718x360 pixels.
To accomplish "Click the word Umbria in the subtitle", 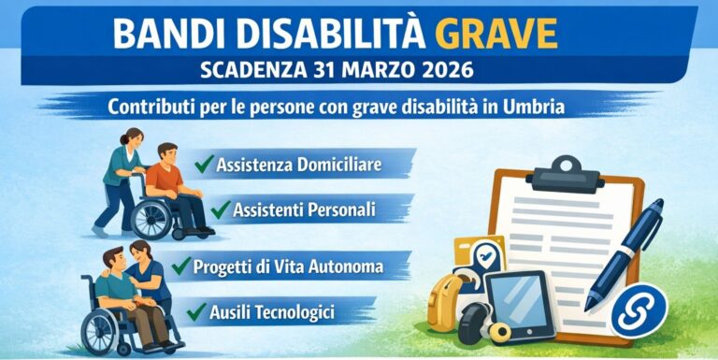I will coord(534,107).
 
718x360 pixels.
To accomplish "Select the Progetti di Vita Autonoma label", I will coord(288,267).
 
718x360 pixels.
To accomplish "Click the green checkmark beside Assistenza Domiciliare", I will coord(204,165).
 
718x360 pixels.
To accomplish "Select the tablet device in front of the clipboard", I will coord(518,305).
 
